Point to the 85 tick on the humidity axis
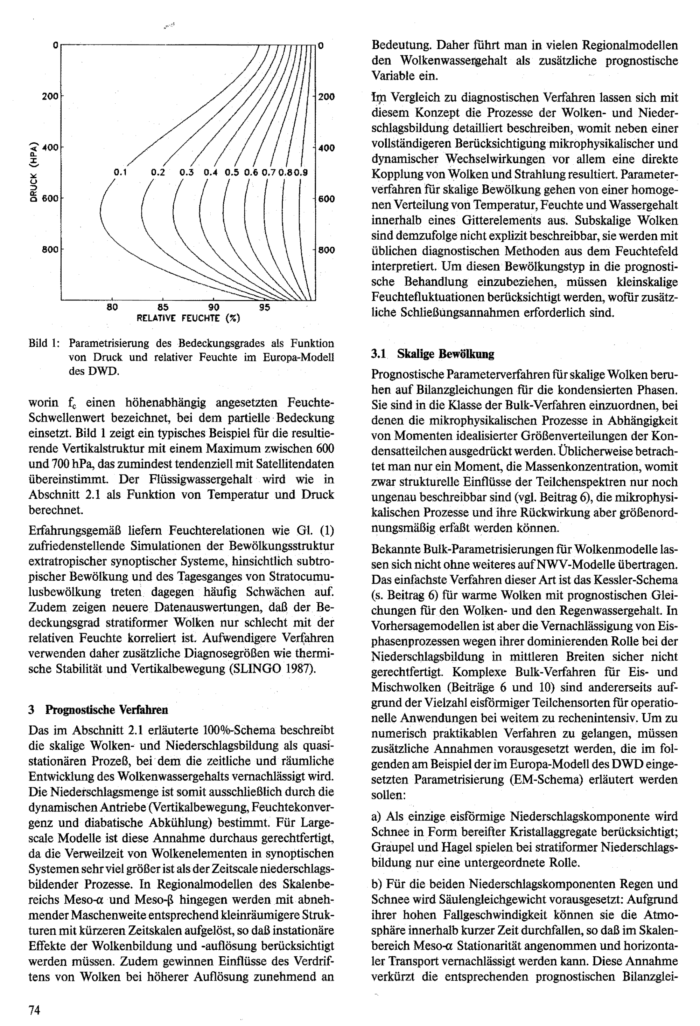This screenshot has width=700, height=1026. [163, 307]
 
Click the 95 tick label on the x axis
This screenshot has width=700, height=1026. [264, 307]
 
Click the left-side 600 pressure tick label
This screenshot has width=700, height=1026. [50, 199]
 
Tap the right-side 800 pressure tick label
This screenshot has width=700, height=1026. [327, 250]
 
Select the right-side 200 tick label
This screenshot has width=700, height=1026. [327, 97]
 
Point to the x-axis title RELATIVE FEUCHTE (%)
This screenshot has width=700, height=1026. [188, 318]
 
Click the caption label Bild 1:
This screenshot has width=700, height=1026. [44, 343]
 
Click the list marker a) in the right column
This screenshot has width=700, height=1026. [378, 816]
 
